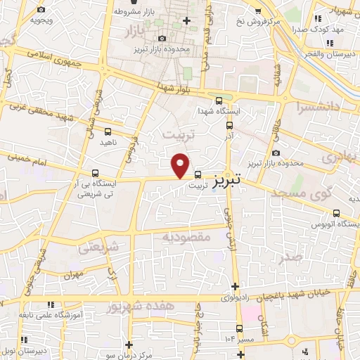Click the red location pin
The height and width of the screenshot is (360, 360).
(x=181, y=165)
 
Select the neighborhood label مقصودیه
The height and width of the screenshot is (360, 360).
(x=186, y=238)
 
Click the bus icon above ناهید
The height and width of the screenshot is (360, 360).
(x=108, y=131)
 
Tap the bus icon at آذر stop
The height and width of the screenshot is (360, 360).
(x=230, y=124)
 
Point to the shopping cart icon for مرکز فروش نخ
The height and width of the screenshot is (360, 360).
(x=259, y=11)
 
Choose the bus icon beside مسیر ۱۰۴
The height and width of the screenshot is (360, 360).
(x=239, y=328)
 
